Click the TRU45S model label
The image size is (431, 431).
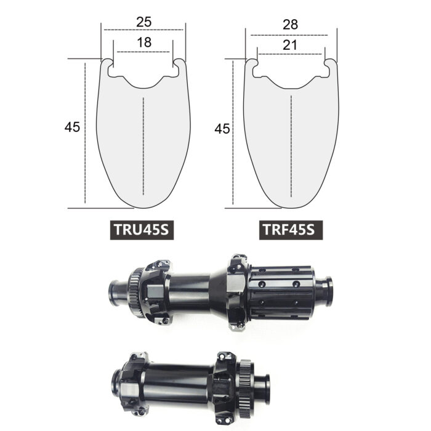pos(142,230)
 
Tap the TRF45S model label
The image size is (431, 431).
pos(291,230)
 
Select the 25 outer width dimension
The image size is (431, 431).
pos(144,22)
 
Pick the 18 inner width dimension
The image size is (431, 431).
pos(144,42)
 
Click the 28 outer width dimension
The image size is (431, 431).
pos(290,25)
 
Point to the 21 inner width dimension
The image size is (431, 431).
pos(290,45)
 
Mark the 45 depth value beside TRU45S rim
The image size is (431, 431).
pos(72,127)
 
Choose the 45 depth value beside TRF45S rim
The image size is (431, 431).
pos(222,129)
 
